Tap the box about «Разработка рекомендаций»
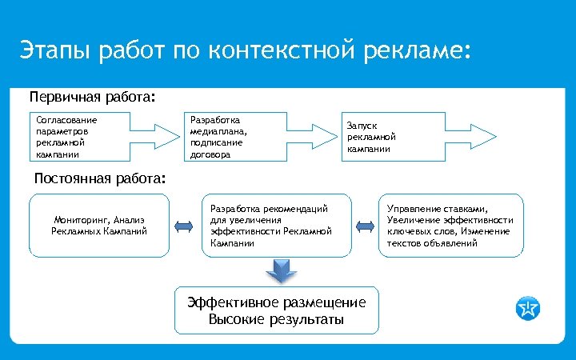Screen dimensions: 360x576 [x=277, y=226]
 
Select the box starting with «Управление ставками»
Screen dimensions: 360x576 [x=450, y=226]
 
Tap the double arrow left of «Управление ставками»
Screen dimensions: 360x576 [x=365, y=226]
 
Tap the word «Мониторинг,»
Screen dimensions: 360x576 [x=82, y=219]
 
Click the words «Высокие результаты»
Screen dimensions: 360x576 [x=276, y=320]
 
